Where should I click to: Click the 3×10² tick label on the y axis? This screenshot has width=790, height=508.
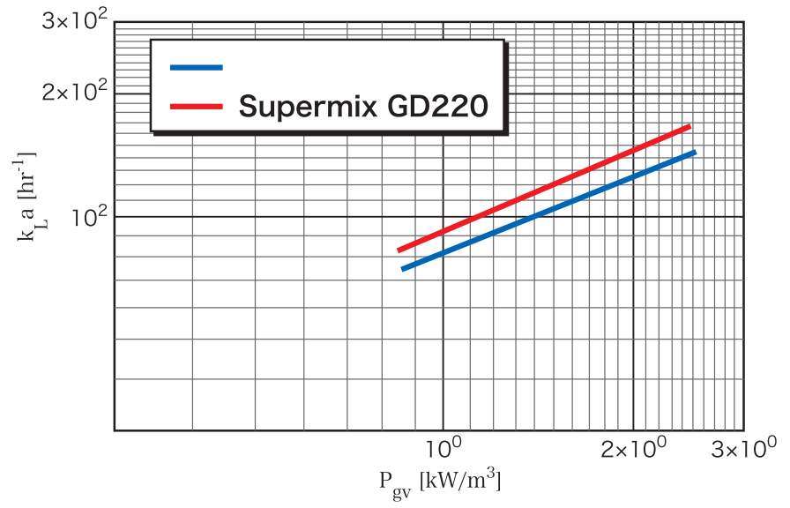(x=73, y=19)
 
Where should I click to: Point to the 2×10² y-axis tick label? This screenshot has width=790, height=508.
(x=73, y=92)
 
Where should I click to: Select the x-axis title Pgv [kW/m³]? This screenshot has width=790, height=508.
(x=441, y=482)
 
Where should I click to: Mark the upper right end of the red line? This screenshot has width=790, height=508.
(x=689, y=127)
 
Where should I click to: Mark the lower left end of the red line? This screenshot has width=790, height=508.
(x=399, y=250)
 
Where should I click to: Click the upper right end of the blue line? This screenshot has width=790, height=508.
(x=695, y=153)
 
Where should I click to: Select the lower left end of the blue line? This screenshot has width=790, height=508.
(x=403, y=268)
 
